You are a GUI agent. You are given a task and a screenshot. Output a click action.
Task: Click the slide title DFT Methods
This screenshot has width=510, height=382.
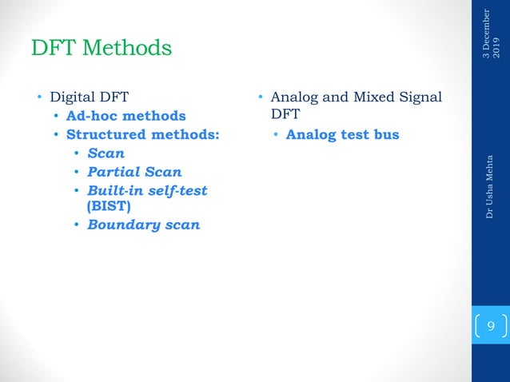[101, 48]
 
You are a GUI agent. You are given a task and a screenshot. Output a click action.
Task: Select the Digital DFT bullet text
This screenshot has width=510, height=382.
[90, 98]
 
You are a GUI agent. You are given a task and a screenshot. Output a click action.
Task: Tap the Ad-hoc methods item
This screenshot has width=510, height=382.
[126, 117]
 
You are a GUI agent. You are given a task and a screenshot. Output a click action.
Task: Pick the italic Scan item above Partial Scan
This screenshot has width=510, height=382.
[106, 153]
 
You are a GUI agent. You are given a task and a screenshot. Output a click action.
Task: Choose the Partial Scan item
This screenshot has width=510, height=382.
[134, 171]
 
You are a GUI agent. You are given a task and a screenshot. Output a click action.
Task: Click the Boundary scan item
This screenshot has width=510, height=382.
[143, 225]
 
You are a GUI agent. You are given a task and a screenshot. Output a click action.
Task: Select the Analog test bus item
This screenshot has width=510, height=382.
[342, 134]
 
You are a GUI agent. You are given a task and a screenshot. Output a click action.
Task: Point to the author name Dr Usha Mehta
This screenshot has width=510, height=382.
[490, 186]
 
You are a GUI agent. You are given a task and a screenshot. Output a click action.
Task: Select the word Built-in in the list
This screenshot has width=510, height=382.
[112, 190]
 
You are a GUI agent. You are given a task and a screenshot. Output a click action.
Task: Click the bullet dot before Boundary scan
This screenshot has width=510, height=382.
[77, 225]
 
